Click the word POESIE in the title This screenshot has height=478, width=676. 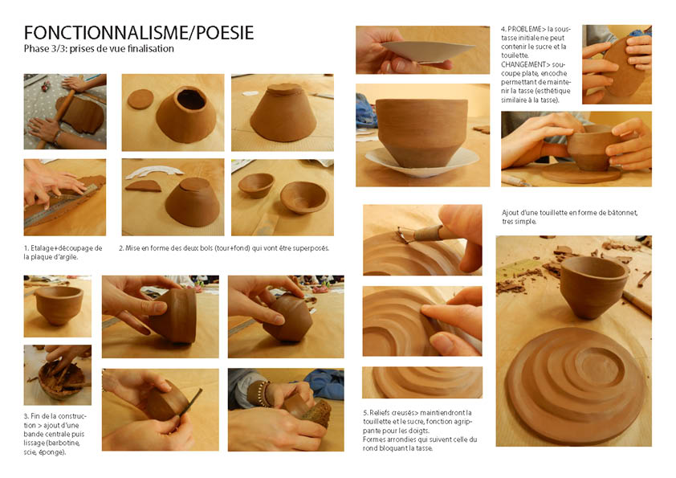pos(225,33)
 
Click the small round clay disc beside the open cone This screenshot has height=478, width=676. pos(140,99)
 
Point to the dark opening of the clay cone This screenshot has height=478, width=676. pos(191,100)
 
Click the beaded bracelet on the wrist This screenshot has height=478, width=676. pos(260,394)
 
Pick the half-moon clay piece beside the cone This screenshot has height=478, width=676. pos(143,186)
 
